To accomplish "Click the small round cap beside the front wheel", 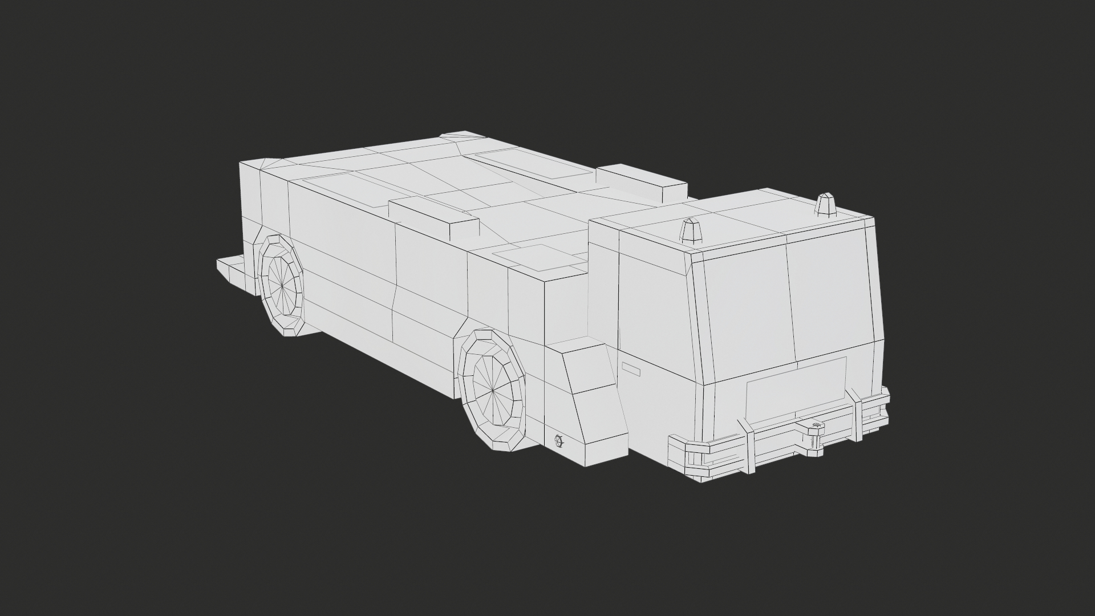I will click(558, 440).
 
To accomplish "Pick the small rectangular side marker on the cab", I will click(631, 369).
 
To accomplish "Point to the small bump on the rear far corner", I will click(459, 136).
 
